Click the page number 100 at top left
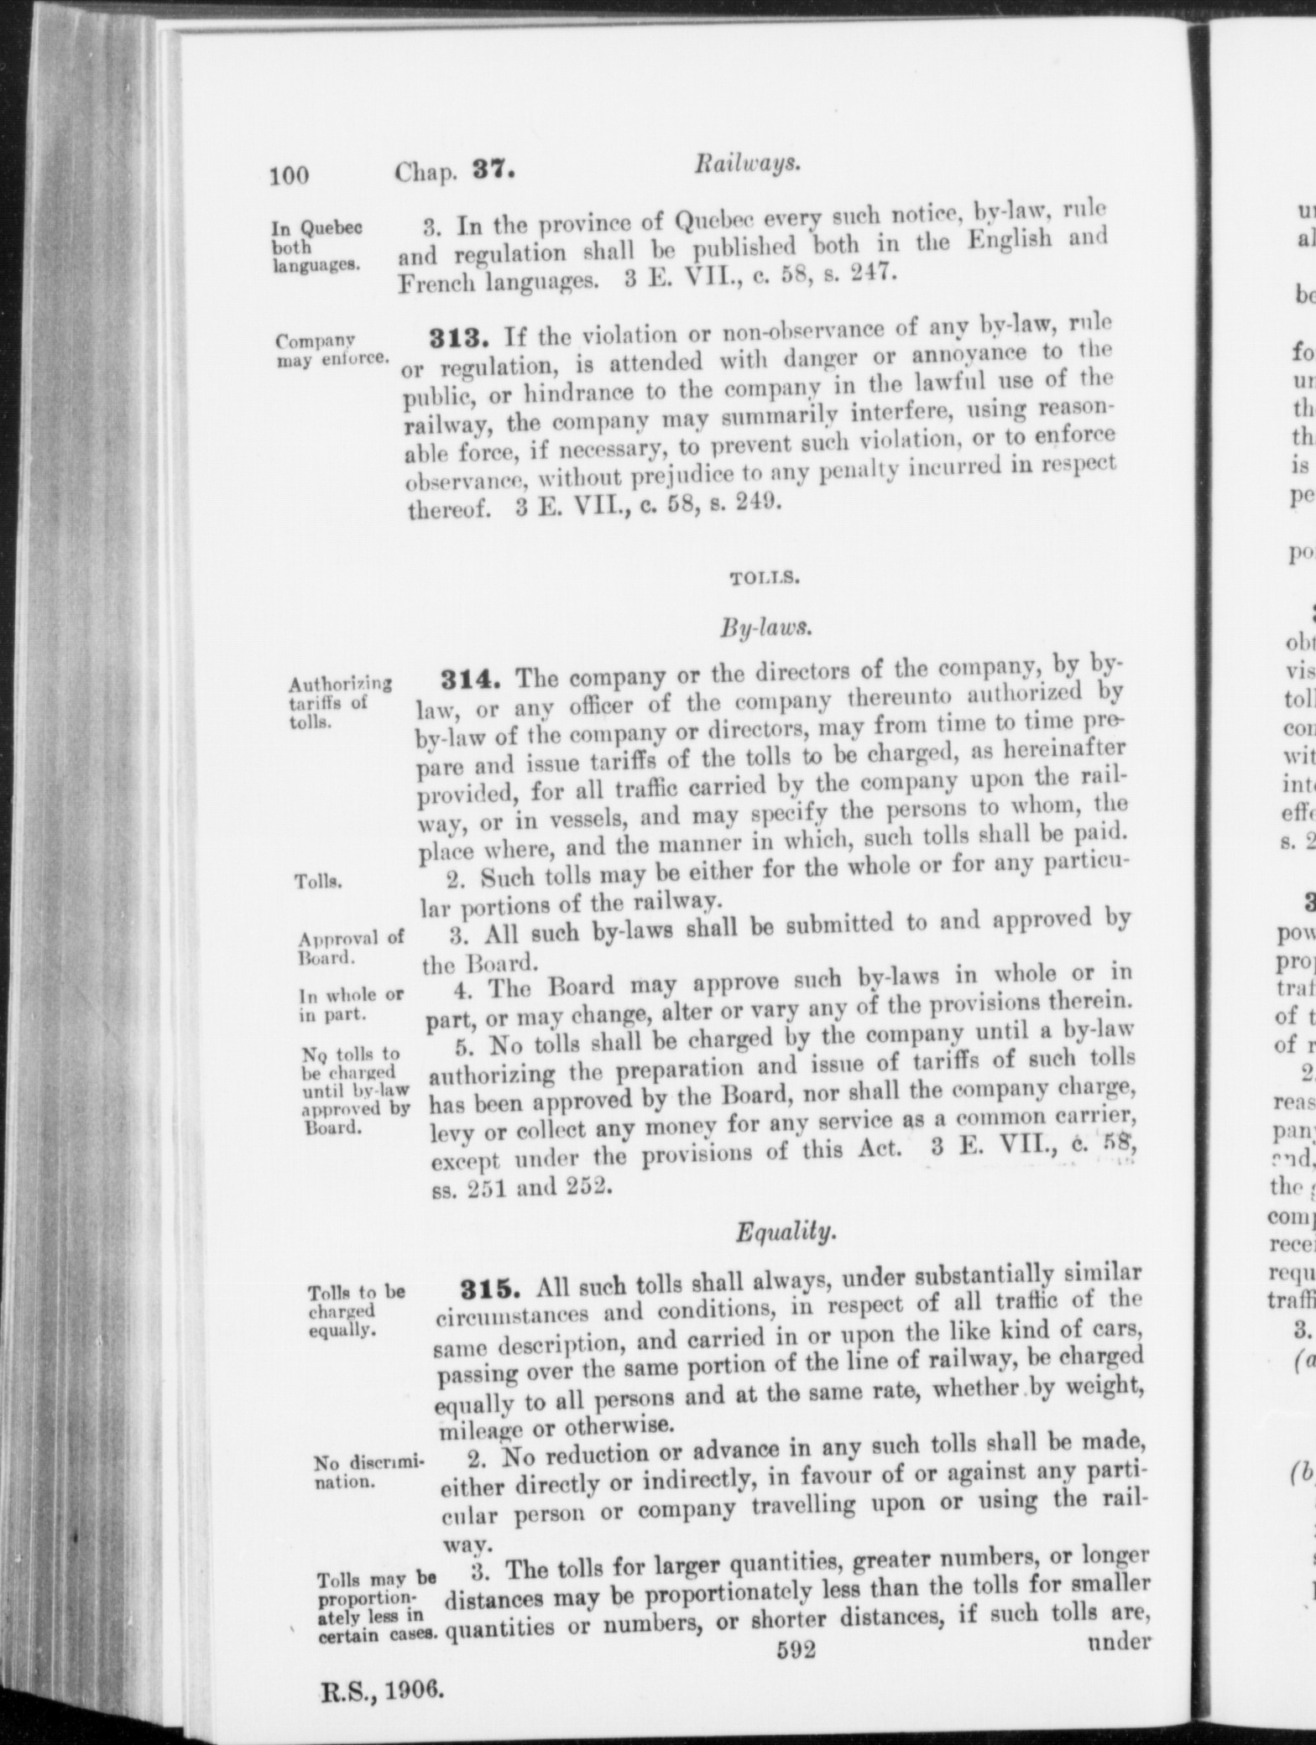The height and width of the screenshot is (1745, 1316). point(290,174)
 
